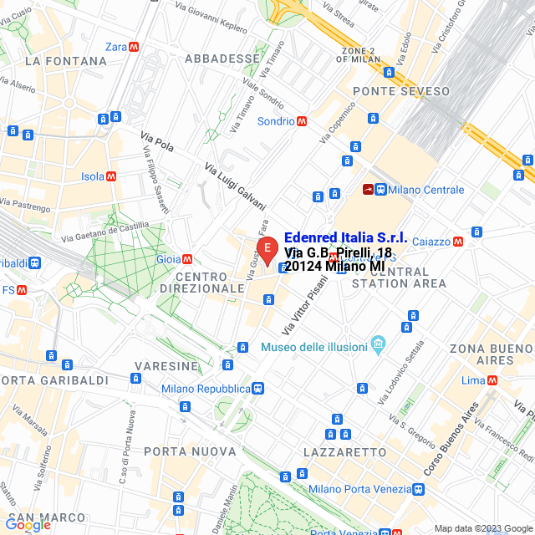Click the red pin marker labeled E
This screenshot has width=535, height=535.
(267, 249)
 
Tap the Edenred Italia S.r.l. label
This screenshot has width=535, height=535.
(345, 237)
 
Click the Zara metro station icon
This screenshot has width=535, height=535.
(135, 47)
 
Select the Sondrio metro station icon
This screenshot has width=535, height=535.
(302, 121)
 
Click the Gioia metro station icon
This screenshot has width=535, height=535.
(187, 259)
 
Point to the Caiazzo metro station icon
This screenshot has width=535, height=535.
(457, 242)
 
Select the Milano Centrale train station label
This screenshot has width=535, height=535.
(425, 190)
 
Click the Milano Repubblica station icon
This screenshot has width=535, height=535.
(258, 389)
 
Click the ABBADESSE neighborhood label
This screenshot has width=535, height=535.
(222, 59)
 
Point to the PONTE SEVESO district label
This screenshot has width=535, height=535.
(401, 90)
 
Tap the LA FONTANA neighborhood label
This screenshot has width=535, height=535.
(66, 61)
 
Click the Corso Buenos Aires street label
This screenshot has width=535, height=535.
(451, 439)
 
